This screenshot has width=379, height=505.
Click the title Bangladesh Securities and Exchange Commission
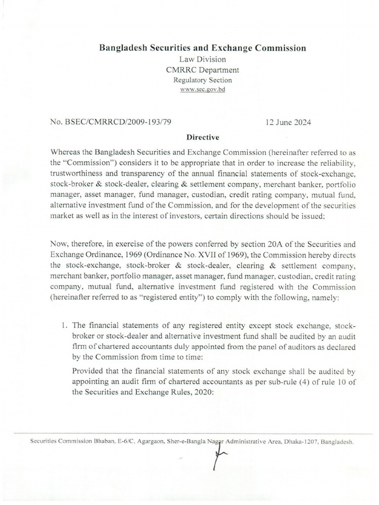[203, 48]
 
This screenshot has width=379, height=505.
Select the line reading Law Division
[203, 59]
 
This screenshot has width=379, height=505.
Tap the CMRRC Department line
[203, 70]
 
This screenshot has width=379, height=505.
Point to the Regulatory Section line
[203, 80]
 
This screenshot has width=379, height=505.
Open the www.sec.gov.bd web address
[203, 90]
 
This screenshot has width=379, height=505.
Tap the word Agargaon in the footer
[142, 442]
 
